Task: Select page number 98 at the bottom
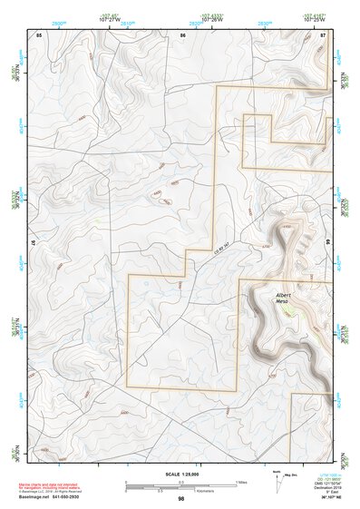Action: coord(181,499)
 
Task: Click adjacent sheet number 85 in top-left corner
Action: coord(39,34)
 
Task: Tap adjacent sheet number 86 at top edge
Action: coord(183,34)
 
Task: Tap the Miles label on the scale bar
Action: coord(240,481)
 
